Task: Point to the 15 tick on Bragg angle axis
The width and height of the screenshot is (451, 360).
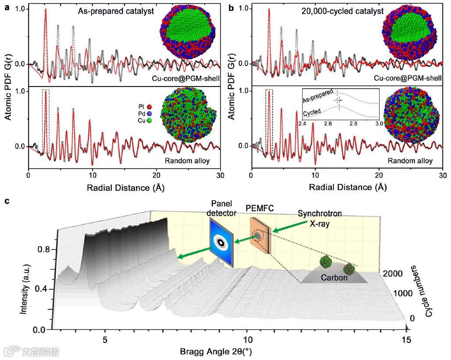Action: [x=407, y=340]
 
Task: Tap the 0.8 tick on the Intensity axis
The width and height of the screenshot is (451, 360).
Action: [x=44, y=249]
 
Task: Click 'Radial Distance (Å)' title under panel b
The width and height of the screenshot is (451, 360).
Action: [x=347, y=187]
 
